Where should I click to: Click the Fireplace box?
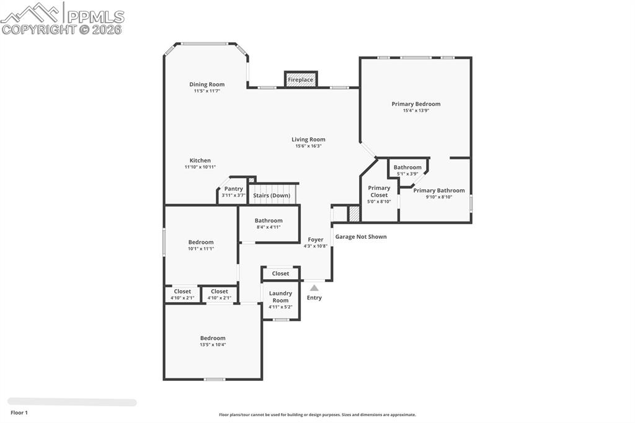pos(300,79)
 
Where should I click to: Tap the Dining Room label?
pos(207,84)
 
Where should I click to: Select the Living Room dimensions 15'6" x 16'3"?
pos(308,146)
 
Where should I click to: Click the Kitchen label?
pos(200,161)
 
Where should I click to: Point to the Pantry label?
pos(234,189)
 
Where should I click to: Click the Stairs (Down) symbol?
pos(272,195)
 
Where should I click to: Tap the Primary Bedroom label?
pos(416,104)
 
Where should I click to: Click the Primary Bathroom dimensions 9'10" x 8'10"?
pos(439,197)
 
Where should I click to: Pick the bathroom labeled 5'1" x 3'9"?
pos(407,170)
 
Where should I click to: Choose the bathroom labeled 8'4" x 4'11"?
pos(269,223)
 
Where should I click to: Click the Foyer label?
pos(316,239)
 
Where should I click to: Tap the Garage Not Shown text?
pos(361,237)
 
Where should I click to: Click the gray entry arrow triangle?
pos(314,288)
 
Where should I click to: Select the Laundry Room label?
pos(280,296)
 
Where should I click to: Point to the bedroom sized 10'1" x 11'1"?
pos(201,245)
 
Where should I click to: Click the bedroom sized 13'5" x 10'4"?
pos(213,341)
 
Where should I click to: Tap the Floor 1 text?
pos(19,412)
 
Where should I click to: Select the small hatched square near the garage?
pos(354,214)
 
